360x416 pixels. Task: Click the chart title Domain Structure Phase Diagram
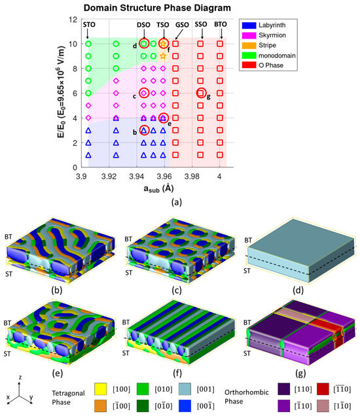(x=157, y=8)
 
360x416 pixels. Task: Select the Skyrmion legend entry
(x=264, y=35)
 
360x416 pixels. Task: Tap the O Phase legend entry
(x=262, y=65)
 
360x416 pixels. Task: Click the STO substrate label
(x=89, y=25)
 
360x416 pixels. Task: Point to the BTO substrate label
(x=221, y=24)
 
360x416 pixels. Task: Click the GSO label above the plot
(x=182, y=25)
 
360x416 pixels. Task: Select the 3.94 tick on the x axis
(x=137, y=177)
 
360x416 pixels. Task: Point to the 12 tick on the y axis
(x=73, y=20)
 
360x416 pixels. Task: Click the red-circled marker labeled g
(x=201, y=93)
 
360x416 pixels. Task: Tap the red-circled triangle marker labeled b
(x=144, y=130)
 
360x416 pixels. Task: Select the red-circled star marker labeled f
(x=163, y=43)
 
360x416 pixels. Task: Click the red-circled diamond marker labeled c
(x=144, y=93)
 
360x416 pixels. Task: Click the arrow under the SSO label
(x=202, y=34)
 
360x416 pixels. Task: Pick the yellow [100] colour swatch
(x=101, y=389)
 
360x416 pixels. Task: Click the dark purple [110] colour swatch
(x=284, y=389)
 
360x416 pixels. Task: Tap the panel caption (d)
(x=298, y=290)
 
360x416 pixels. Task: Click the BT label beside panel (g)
(x=247, y=322)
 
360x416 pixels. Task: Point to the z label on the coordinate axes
(x=20, y=377)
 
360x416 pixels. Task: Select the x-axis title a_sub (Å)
(x=159, y=188)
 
